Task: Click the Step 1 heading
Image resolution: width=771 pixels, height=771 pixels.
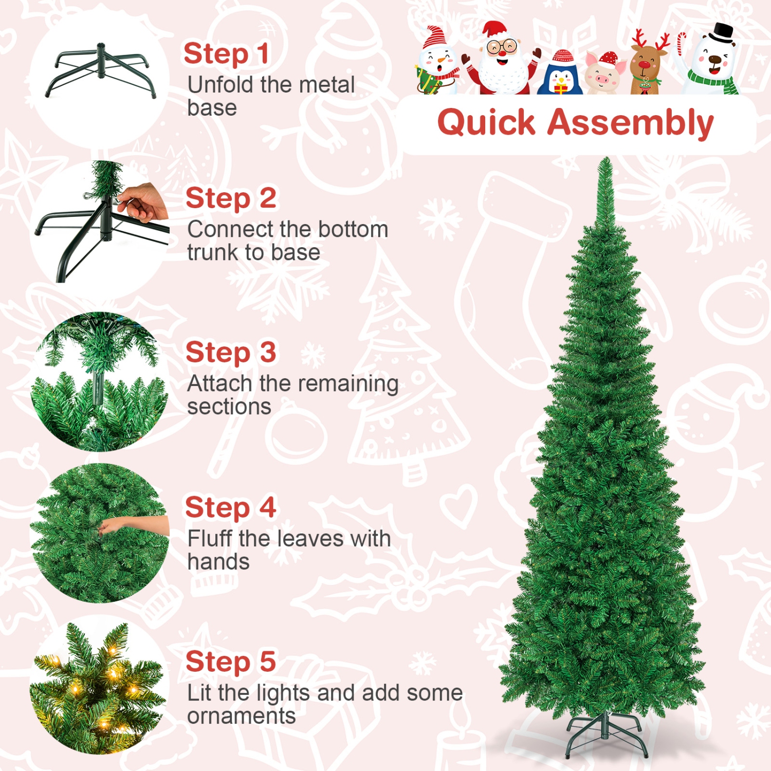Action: (226, 54)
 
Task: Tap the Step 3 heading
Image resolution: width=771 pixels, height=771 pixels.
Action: (231, 353)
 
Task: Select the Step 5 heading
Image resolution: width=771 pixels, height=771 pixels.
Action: (231, 662)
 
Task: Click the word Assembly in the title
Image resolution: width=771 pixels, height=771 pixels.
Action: (630, 123)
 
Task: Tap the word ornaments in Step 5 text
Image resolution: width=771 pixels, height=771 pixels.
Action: (241, 716)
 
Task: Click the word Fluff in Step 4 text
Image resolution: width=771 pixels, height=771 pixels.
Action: (209, 539)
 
